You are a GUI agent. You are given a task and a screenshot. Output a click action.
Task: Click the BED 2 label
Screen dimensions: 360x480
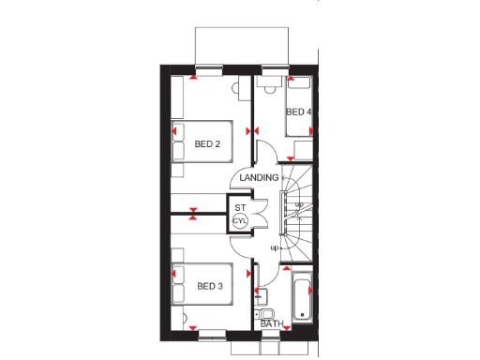(x=207, y=144)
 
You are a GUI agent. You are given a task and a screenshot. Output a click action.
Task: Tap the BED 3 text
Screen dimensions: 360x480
(x=208, y=286)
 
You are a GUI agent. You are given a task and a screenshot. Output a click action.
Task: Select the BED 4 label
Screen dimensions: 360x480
(x=298, y=112)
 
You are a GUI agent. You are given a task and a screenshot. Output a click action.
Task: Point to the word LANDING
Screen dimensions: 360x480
(x=259, y=177)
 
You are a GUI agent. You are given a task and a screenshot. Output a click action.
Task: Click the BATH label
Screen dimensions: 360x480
(x=272, y=323)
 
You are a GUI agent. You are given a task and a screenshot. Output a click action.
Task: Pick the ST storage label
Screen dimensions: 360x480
(x=240, y=207)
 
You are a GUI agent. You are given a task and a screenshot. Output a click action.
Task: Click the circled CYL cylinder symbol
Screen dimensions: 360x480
(x=240, y=221)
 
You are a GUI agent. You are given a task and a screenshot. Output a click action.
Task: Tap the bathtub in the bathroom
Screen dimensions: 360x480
(x=303, y=297)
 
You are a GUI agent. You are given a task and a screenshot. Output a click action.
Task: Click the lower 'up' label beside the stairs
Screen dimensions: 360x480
(x=275, y=247)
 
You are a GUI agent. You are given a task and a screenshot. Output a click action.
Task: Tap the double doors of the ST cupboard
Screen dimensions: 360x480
(x=262, y=216)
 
